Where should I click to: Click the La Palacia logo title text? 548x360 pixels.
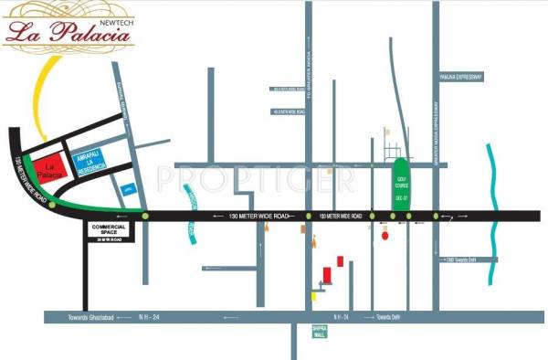(68, 31)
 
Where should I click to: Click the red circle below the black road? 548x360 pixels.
(385, 236)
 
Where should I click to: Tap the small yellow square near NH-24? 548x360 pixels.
(315, 295)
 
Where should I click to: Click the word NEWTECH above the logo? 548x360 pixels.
(111, 11)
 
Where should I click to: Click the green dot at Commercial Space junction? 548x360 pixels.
(144, 215)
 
